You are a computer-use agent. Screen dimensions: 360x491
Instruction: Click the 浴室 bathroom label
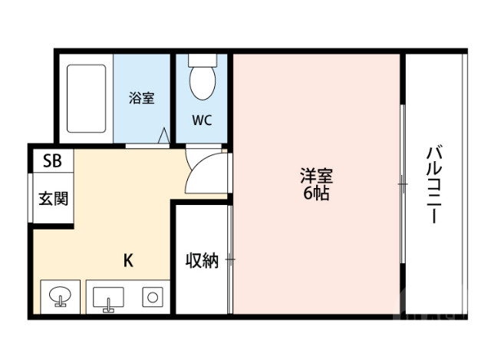pos(142,98)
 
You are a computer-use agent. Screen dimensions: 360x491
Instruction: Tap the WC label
pos(203,121)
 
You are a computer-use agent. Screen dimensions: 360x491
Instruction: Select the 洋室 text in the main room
pos(315,176)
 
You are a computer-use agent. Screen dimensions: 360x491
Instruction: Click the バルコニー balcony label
pos(433,183)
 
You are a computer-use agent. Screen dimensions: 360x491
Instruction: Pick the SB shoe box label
pos(52,160)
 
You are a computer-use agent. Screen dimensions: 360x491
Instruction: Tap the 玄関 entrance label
pos(53,199)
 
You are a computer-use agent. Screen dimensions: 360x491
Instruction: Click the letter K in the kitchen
pos(129,260)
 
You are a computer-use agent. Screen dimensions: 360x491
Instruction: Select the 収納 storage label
pos(202,260)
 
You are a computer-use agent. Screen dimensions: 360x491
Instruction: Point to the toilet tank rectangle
pos(203,59)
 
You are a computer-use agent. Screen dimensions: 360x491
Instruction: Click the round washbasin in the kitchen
pos(60,296)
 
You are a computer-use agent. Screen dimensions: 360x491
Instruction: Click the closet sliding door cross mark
pos(230,259)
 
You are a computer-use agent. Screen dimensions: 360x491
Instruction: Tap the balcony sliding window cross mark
pos(402,183)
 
